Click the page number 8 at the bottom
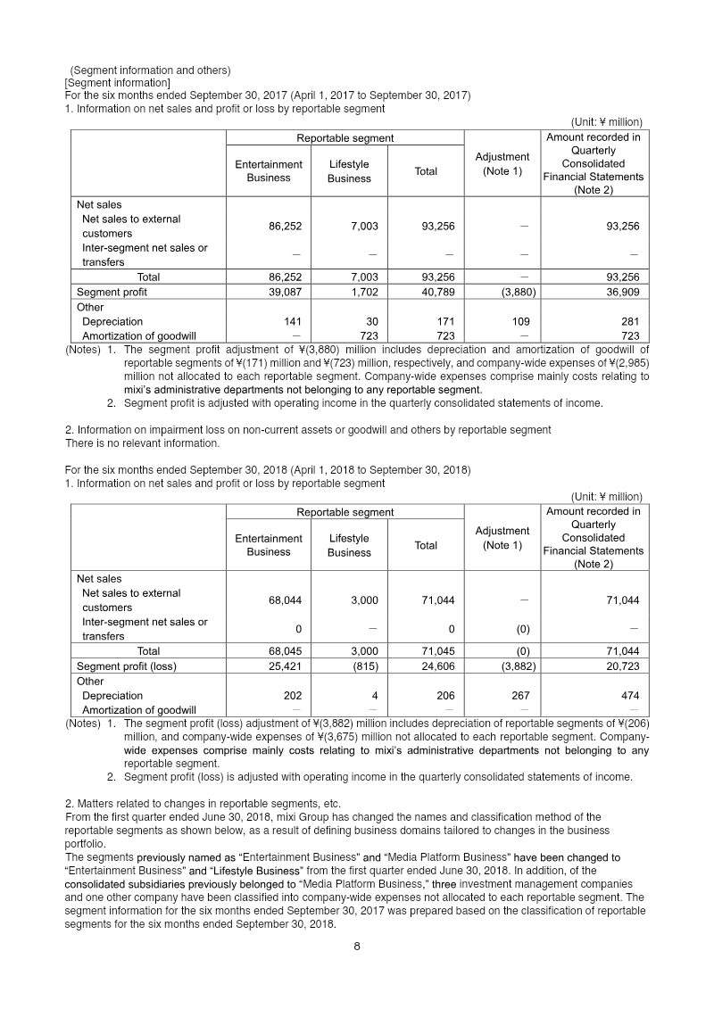pyautogui.click(x=356, y=947)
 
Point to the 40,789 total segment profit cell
pyautogui.click(x=426, y=292)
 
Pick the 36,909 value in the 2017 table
pyautogui.click(x=621, y=292)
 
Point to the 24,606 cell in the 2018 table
pyautogui.click(x=426, y=666)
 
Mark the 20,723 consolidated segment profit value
pyautogui.click(x=621, y=666)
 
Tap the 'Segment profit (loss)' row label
pyautogui.click(x=126, y=666)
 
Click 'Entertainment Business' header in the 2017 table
pyautogui.click(x=269, y=170)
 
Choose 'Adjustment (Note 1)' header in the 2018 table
pyautogui.click(x=502, y=538)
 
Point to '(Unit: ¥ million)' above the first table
pyautogui.click(x=606, y=122)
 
